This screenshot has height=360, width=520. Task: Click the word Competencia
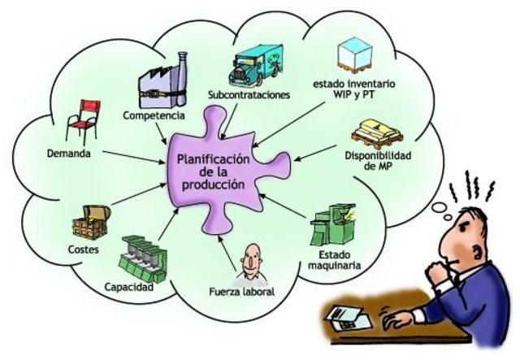152,115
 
